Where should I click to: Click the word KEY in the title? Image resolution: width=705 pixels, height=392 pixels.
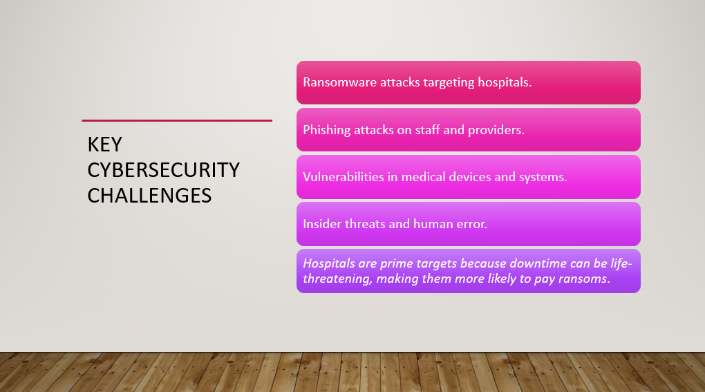[x=105, y=144]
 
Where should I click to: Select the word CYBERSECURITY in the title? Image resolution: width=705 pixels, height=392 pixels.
[x=164, y=170]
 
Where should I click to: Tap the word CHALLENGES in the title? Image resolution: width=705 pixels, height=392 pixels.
[x=149, y=196]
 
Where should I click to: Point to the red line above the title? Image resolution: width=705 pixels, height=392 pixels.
[x=177, y=120]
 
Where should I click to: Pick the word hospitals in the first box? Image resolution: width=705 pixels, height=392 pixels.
[x=505, y=83]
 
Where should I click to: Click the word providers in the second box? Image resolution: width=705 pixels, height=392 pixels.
[x=496, y=131]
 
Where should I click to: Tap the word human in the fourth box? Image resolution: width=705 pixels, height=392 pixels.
[x=433, y=224]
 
